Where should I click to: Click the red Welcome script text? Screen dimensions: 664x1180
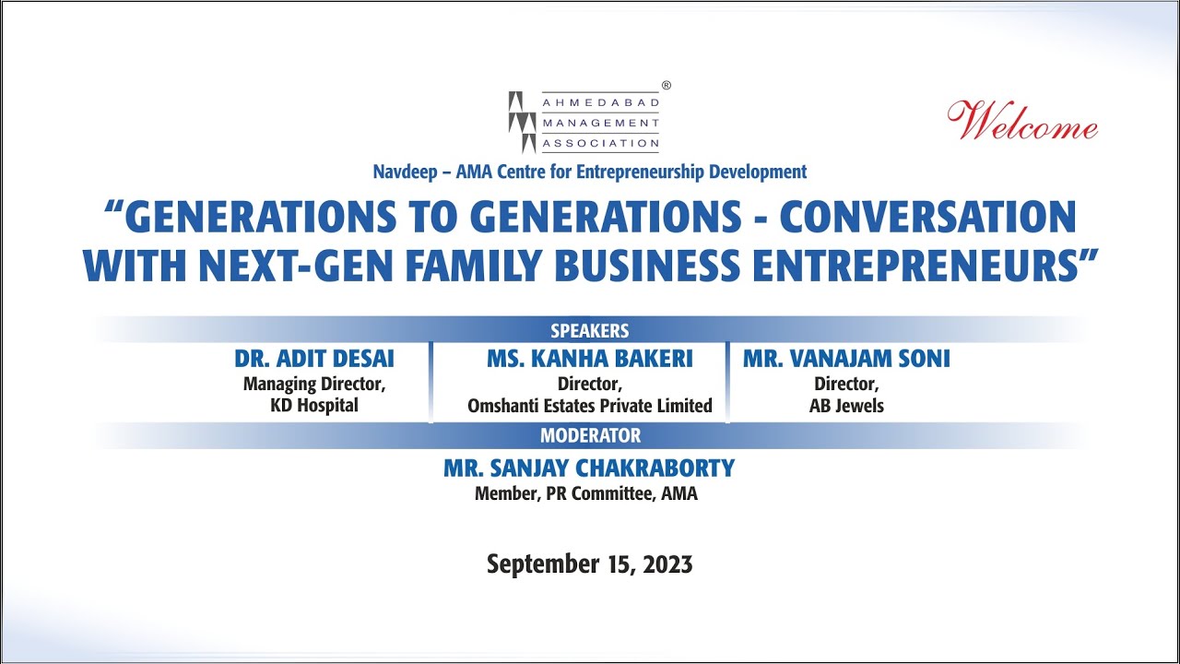point(1022,122)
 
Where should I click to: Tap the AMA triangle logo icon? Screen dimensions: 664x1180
point(522,122)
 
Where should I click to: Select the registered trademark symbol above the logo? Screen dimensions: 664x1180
point(667,85)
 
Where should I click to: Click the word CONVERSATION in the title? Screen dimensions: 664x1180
point(928,218)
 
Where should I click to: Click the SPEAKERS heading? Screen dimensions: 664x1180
point(590,330)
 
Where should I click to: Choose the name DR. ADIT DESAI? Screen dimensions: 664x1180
point(313,359)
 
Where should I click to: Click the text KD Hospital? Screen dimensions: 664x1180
point(314,406)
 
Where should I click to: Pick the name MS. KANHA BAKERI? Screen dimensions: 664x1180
point(590,359)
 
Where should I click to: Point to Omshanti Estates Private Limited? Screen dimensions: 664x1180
point(590,406)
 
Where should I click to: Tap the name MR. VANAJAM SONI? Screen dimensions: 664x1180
point(846,359)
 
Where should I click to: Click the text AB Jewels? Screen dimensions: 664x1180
point(846,406)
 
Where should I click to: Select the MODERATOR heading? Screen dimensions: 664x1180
point(590,435)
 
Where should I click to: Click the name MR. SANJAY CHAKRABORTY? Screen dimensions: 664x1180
point(589,468)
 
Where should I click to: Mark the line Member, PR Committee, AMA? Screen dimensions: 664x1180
point(586,494)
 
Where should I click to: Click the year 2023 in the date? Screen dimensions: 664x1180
point(662,564)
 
